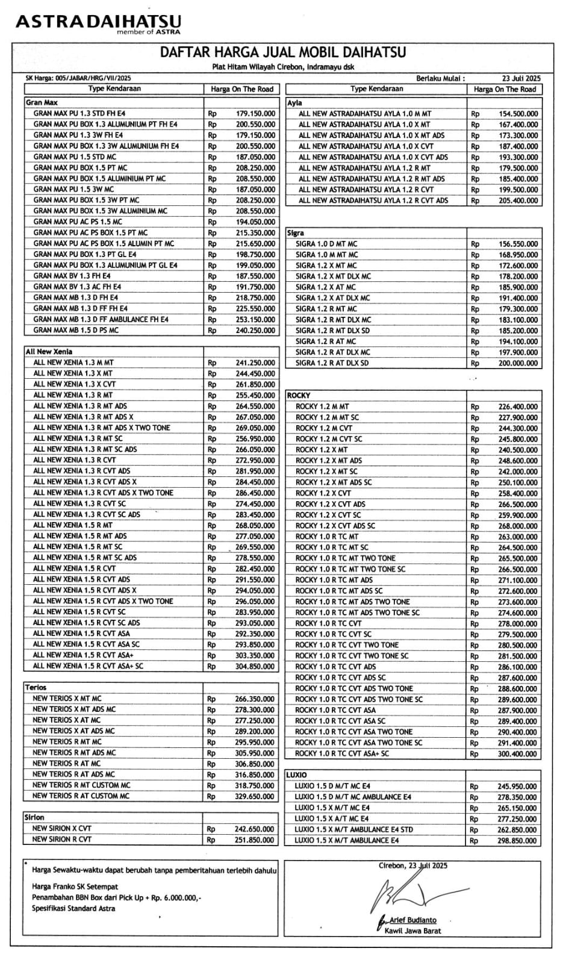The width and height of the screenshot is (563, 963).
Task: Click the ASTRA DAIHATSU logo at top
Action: tap(98, 23)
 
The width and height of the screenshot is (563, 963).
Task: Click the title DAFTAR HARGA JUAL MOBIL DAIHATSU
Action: tap(282, 52)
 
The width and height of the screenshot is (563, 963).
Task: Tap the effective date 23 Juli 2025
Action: tap(521, 78)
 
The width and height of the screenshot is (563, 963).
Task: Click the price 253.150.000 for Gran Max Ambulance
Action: tap(255, 320)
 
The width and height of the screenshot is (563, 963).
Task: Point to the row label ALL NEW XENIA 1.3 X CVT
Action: tap(75, 384)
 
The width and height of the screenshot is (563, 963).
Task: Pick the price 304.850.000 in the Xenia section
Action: tap(255, 666)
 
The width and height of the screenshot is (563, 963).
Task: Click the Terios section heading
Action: tap(36, 687)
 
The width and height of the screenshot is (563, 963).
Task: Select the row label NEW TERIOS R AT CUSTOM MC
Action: tap(81, 796)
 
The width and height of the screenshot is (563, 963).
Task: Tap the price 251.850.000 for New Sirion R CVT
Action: tap(255, 840)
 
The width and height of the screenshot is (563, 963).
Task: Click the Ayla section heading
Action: tap(294, 103)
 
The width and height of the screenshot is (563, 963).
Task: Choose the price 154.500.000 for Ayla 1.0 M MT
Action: tap(518, 114)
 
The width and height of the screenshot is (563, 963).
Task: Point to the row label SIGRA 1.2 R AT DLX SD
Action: tap(332, 363)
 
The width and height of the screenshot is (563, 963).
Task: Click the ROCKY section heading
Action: tap(299, 396)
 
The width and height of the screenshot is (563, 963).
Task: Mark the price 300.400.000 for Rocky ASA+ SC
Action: tap(517, 754)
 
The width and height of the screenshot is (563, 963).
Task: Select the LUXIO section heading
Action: tap(297, 775)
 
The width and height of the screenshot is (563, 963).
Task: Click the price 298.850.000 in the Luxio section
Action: tap(517, 841)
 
